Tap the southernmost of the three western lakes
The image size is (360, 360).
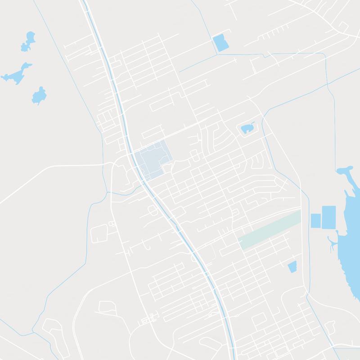point(39,95)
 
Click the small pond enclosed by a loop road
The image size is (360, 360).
point(247,129)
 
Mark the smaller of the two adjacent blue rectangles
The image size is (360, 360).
point(315,220)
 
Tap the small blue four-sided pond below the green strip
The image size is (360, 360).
point(292,266)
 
